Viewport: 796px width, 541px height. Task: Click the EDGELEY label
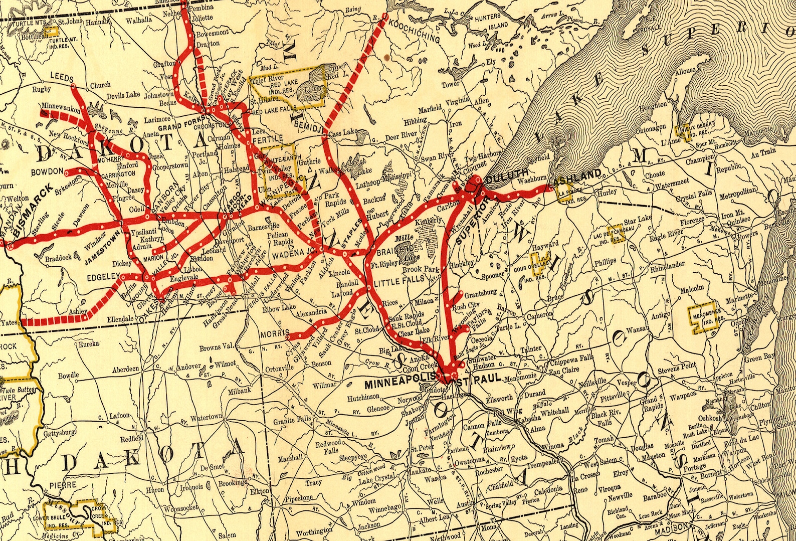click(x=102, y=276)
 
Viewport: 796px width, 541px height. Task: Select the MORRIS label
click(x=273, y=333)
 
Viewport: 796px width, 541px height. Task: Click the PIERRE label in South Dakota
click(x=63, y=485)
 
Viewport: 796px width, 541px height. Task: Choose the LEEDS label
click(x=62, y=78)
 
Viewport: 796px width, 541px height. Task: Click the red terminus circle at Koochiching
click(x=385, y=17)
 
